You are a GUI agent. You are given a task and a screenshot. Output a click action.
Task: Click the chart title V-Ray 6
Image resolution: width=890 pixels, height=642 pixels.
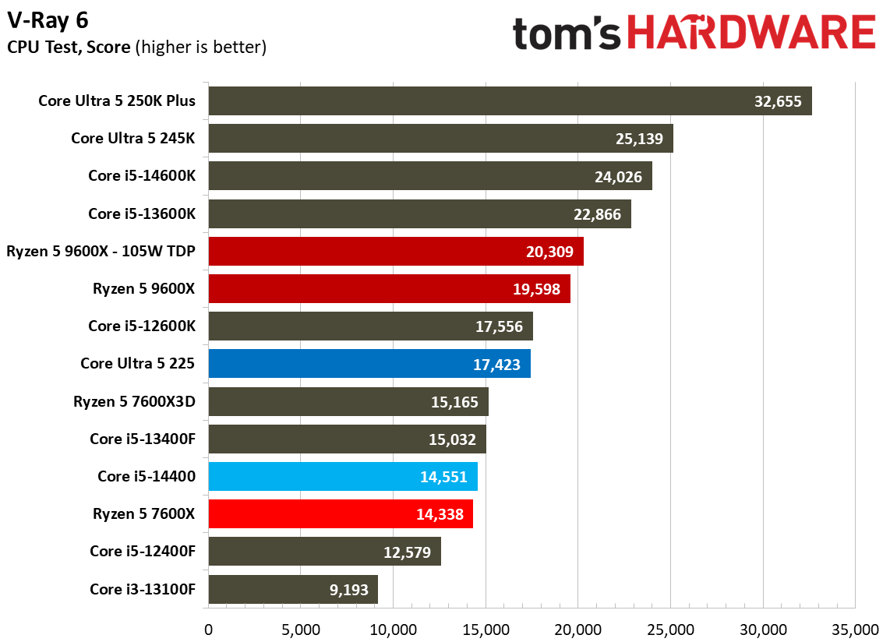48,20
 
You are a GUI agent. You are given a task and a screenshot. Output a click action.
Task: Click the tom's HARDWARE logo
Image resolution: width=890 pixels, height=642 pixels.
694,33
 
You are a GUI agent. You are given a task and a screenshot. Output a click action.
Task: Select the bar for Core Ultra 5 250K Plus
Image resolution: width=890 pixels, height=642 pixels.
510,101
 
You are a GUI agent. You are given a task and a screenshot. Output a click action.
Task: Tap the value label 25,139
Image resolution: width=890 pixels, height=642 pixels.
639,139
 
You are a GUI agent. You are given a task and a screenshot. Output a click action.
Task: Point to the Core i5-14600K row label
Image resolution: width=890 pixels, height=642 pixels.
142,176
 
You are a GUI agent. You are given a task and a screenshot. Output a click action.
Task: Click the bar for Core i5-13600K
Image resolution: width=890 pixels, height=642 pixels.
420,214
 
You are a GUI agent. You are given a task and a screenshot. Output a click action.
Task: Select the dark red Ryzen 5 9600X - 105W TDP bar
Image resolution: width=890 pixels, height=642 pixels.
396,252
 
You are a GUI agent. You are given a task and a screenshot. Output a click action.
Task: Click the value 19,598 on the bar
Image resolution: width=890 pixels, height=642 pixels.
536,290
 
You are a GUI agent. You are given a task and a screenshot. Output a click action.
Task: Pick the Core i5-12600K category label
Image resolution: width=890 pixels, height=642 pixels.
142,326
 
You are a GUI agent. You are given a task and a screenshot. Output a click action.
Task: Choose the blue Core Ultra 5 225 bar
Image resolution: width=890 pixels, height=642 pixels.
369,364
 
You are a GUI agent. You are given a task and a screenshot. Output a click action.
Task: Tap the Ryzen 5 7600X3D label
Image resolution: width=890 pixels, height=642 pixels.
135,402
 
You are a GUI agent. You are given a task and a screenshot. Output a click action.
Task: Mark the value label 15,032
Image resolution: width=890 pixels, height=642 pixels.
452,440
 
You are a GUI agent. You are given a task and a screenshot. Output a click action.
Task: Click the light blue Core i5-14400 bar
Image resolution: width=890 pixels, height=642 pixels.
344,477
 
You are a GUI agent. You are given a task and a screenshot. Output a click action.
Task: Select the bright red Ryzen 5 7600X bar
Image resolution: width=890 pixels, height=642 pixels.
341,514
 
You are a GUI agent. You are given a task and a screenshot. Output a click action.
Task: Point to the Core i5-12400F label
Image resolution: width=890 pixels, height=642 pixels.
143,552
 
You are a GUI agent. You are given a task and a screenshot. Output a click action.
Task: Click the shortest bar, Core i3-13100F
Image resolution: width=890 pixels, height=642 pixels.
294,590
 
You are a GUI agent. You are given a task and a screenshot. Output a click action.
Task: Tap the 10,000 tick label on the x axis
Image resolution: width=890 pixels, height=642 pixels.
394,630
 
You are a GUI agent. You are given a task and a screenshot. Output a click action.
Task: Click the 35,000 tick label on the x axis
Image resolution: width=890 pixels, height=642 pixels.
856,630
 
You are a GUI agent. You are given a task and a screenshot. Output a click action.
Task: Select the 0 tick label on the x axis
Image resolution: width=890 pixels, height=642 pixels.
208,630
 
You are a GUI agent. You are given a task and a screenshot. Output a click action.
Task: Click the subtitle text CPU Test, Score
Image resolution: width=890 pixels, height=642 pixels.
69,47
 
